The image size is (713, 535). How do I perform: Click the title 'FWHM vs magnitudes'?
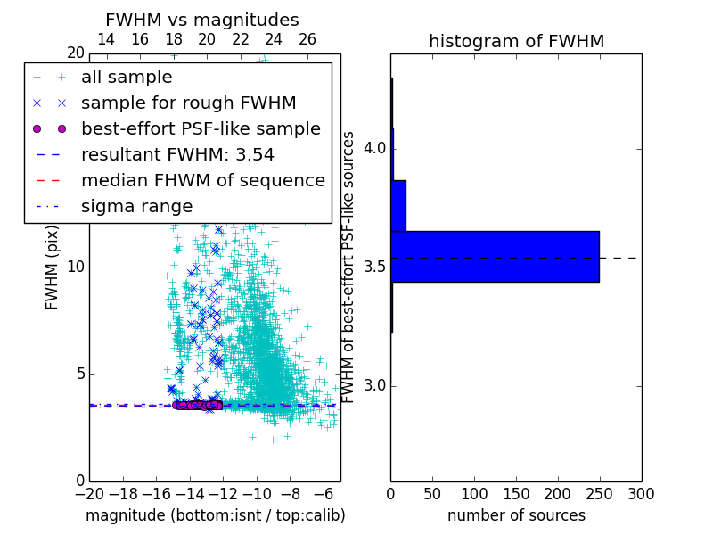pyautogui.click(x=201, y=21)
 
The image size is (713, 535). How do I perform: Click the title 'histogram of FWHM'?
pyautogui.click(x=516, y=42)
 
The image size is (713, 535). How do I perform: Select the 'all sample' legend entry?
pyautogui.click(x=127, y=78)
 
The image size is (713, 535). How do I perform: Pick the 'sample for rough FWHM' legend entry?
pyautogui.click(x=188, y=103)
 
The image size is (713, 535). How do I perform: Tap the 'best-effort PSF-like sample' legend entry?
pyautogui.click(x=201, y=129)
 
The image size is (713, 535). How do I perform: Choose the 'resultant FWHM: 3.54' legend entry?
pyautogui.click(x=177, y=155)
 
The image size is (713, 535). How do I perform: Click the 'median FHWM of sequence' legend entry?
pyautogui.click(x=202, y=181)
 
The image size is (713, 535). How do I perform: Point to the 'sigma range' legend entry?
pyautogui.click(x=136, y=207)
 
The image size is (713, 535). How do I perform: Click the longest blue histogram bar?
pyautogui.click(x=495, y=257)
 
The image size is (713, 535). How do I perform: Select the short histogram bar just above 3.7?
pyautogui.click(x=398, y=206)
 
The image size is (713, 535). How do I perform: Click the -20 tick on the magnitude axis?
pyautogui.click(x=89, y=493)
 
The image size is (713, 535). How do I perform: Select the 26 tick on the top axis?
pyautogui.click(x=307, y=39)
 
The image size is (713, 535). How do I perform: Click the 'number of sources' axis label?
pyautogui.click(x=516, y=515)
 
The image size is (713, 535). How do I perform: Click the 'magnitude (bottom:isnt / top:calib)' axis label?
pyautogui.click(x=215, y=515)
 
